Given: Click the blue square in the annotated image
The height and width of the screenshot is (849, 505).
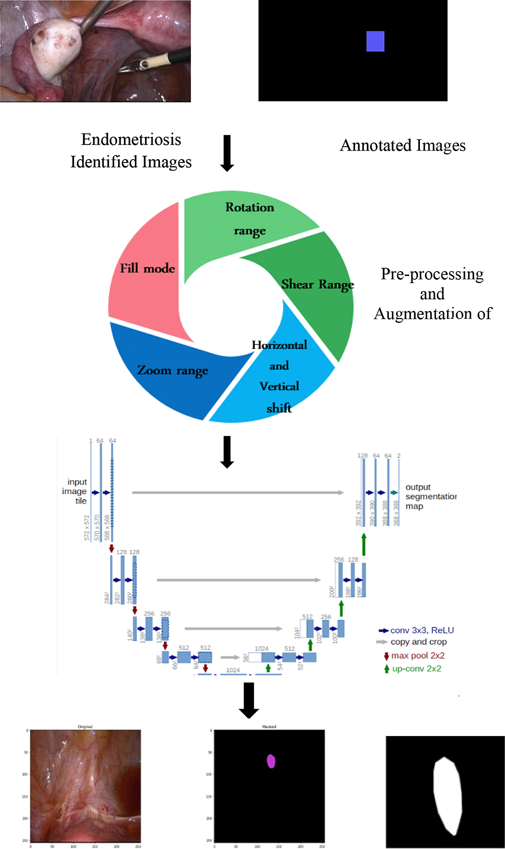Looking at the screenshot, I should [375, 41].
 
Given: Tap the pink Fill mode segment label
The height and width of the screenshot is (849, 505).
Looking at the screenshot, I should [148, 269].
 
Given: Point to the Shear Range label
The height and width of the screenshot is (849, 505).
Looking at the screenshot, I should [317, 284].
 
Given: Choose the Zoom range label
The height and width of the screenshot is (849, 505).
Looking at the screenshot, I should [173, 370].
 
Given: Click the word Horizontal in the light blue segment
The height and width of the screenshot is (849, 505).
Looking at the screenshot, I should [279, 345].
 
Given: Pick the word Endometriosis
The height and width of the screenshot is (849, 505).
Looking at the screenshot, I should [131, 139].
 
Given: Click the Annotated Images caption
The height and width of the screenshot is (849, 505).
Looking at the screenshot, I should [402, 145].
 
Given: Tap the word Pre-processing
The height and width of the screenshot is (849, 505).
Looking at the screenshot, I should [432, 274].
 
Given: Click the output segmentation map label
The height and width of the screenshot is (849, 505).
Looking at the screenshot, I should [430, 497].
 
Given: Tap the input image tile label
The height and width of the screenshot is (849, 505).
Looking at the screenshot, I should [75, 491].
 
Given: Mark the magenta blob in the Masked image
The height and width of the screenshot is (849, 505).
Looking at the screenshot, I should [271, 761].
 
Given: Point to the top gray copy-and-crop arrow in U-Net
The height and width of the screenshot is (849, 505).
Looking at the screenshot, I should [238, 492].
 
